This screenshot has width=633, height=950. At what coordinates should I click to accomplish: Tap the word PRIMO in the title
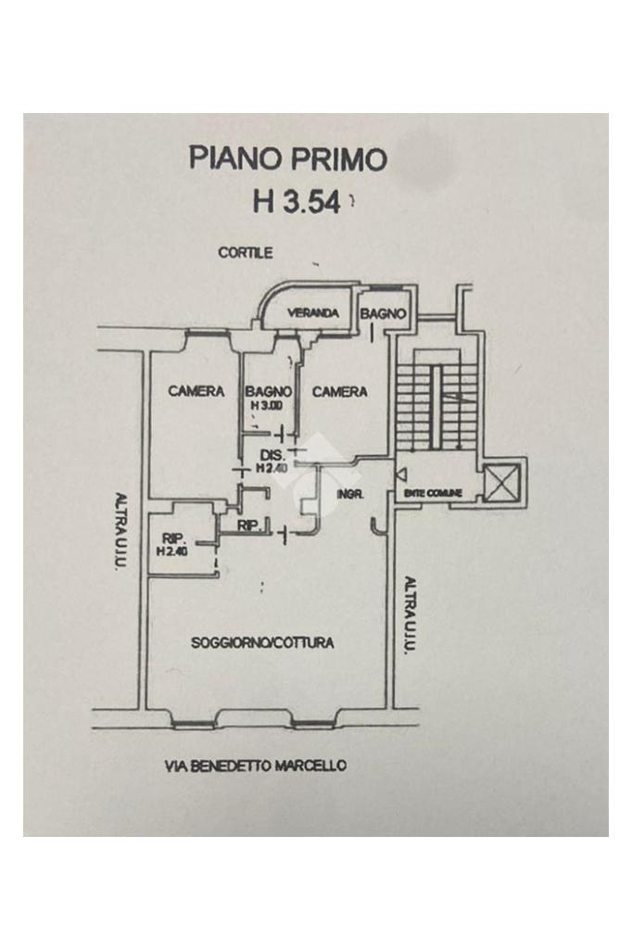(x=337, y=158)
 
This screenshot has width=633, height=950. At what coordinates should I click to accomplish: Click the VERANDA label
(x=312, y=313)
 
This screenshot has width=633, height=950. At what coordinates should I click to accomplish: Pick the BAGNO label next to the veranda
(x=383, y=314)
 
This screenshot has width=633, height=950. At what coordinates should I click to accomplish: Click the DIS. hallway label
(x=272, y=454)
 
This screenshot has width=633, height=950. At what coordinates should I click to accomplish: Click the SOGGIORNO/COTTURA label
(x=262, y=642)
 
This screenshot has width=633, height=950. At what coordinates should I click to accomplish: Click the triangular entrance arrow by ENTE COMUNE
(x=399, y=475)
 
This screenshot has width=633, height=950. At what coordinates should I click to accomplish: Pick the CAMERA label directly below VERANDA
(x=339, y=392)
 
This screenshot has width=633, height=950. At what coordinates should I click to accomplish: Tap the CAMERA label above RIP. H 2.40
(x=196, y=392)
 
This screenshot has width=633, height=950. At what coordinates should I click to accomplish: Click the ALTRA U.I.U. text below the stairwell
(x=409, y=614)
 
